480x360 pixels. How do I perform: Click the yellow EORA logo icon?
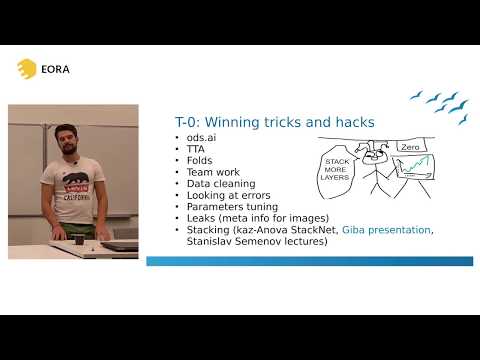27,68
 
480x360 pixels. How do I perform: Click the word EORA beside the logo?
55,69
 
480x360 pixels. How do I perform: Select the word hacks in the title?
354,122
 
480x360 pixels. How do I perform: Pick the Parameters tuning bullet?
229,206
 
